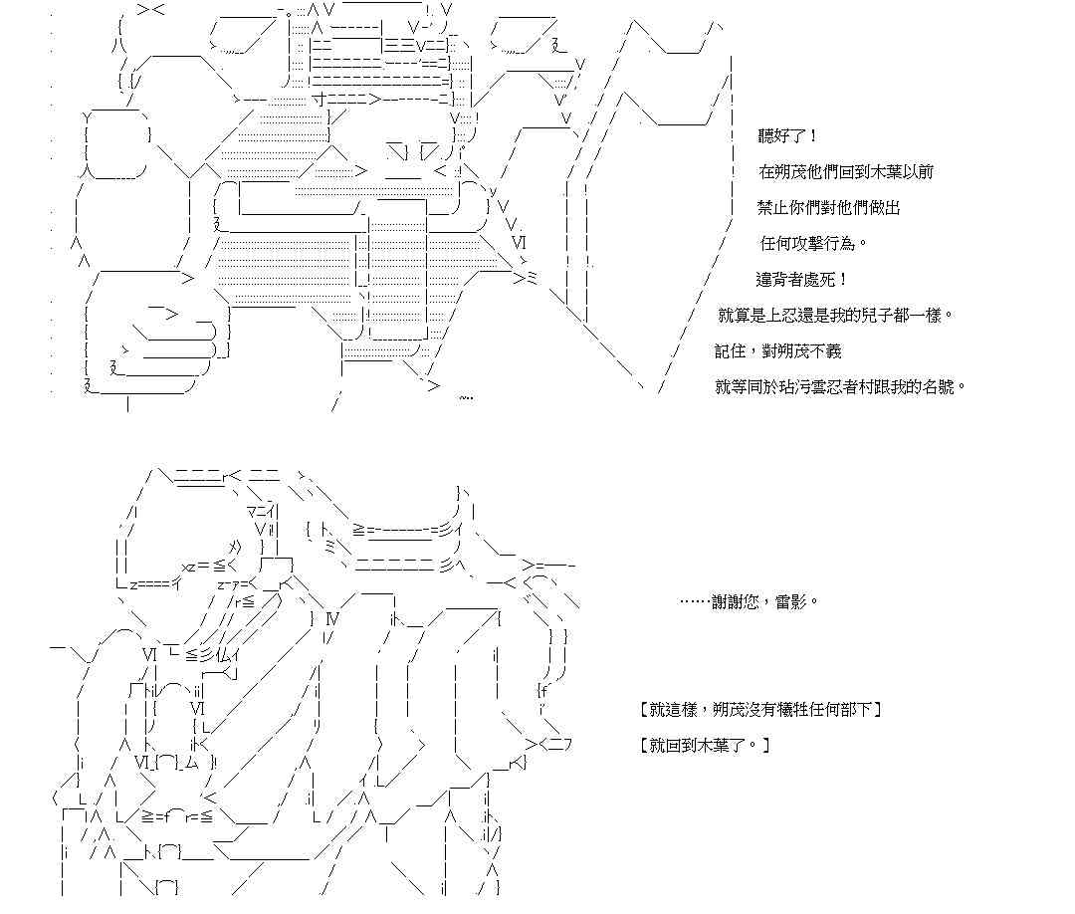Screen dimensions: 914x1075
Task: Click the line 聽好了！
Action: [x=789, y=136]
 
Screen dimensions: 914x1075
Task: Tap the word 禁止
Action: [x=774, y=208]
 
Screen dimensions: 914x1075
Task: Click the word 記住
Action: [x=729, y=351]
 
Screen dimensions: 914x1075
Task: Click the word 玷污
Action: [x=801, y=387]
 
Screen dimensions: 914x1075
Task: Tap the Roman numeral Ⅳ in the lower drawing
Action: [x=332, y=619]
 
